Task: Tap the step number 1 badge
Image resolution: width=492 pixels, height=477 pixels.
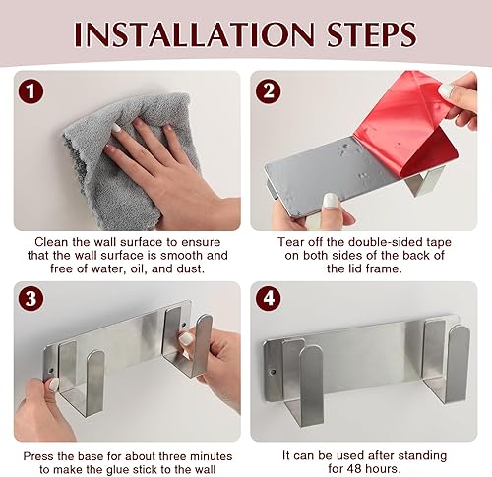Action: [x=31, y=91]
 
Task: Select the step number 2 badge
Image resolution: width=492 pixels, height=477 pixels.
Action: [x=269, y=91]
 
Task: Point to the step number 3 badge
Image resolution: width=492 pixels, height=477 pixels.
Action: [x=31, y=299]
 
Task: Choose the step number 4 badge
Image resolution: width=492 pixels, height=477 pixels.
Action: [x=269, y=299]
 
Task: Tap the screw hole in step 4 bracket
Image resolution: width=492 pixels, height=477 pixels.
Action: [x=272, y=373]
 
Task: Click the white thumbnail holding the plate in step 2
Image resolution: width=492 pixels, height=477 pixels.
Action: [x=331, y=201]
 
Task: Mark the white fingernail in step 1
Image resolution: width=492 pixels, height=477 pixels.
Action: [x=116, y=128]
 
